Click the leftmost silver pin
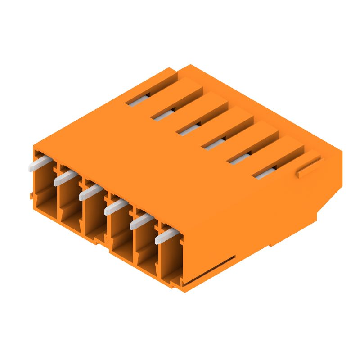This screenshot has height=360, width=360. point(38,163)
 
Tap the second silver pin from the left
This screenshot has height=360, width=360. point(64,177)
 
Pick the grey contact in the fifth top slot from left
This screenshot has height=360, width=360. point(239,158)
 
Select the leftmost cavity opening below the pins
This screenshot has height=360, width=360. point(45,198)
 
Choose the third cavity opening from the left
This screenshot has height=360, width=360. point(95,220)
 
